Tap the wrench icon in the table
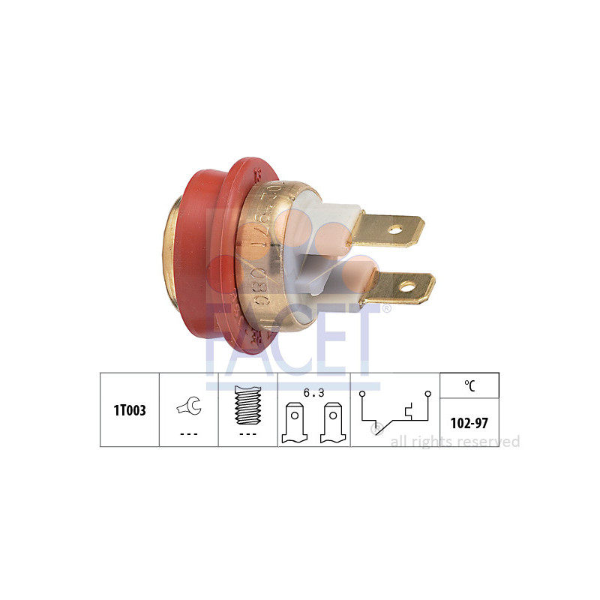click(x=188, y=406)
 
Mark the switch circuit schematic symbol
click(x=394, y=410)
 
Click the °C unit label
click(x=469, y=385)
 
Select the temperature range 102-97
click(x=469, y=423)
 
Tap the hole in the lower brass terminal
click(x=407, y=285)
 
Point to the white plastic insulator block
click(x=322, y=240)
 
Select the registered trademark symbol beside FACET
click(x=386, y=308)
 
